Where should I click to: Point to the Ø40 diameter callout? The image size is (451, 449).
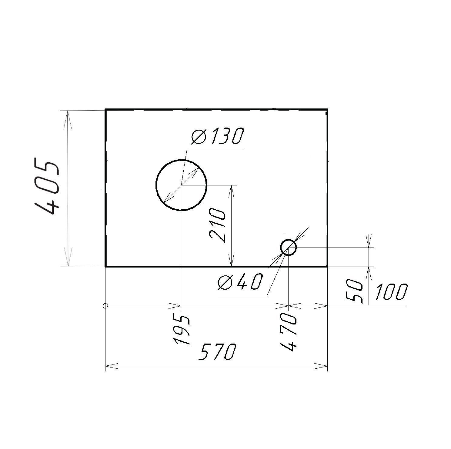pyautogui.click(x=239, y=282)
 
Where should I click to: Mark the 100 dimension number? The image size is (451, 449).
pyautogui.click(x=391, y=292)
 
